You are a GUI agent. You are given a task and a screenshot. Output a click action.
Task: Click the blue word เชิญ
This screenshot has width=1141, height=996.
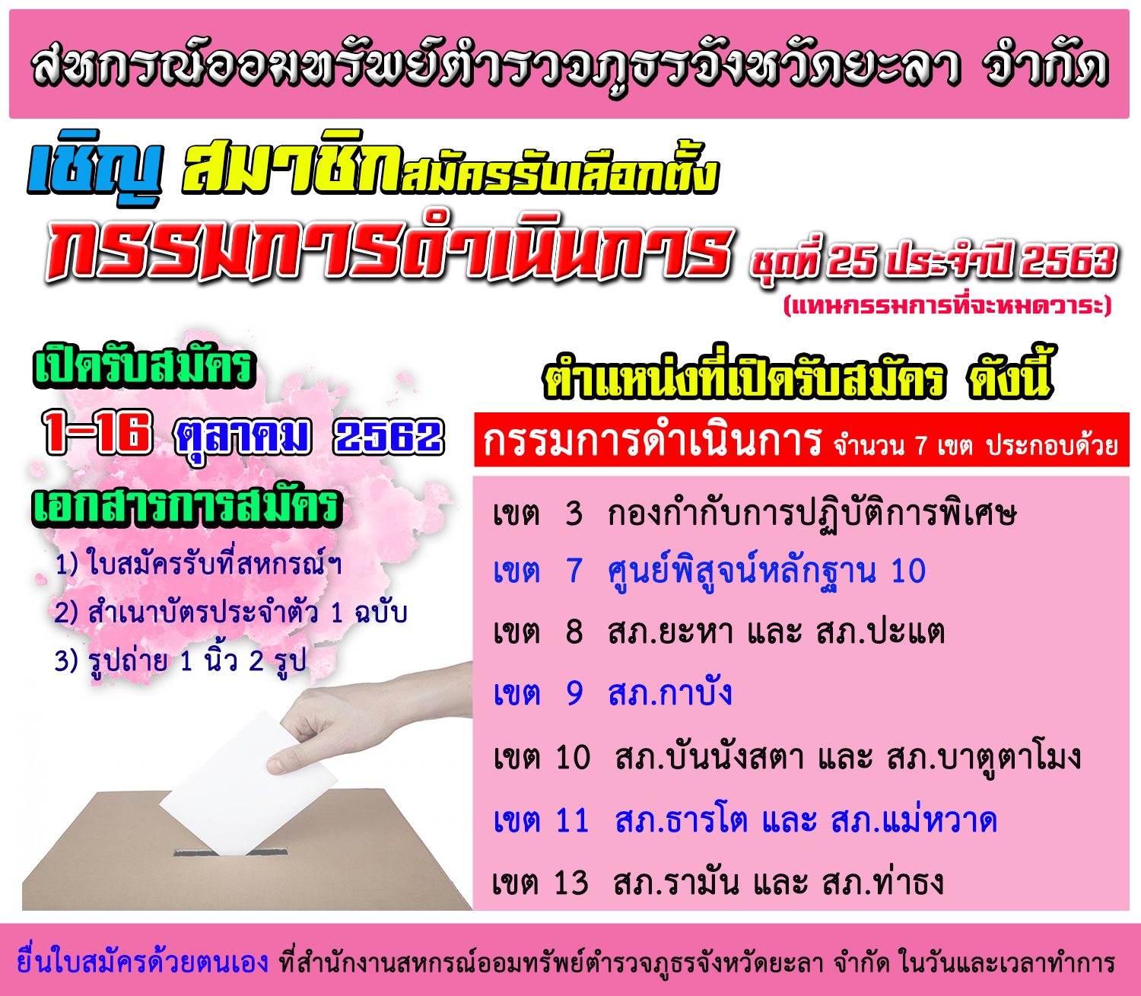[x=95, y=167]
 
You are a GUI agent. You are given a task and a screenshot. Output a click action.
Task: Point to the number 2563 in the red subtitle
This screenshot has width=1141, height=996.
[x=1069, y=260]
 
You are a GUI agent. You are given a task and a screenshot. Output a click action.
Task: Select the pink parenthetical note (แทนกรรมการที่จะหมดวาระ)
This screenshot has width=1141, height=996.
[x=948, y=305]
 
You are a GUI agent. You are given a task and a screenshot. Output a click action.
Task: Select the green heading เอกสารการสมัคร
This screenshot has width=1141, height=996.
[x=186, y=507]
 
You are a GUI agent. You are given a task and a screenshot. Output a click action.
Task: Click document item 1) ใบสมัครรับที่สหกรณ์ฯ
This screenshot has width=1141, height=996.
[x=198, y=564]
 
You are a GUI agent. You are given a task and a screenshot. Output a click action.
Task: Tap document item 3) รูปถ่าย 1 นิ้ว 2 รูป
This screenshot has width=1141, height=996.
[x=180, y=660]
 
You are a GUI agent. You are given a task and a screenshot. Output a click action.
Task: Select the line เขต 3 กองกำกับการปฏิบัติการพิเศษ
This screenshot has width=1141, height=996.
[x=754, y=513]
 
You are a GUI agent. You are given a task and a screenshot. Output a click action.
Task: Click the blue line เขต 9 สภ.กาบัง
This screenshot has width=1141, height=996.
[x=612, y=693]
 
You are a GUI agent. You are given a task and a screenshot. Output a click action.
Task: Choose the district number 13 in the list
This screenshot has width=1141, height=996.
[x=571, y=883]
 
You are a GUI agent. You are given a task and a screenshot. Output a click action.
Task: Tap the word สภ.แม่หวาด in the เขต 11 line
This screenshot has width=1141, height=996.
[x=914, y=821]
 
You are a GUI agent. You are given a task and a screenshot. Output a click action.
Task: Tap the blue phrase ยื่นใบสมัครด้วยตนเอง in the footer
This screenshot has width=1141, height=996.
[x=143, y=963]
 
